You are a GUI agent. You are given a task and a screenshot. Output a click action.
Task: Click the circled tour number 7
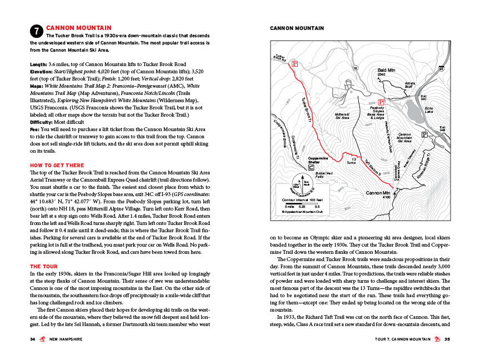point(36,31)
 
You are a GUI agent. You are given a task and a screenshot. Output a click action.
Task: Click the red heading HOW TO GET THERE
point(57,165)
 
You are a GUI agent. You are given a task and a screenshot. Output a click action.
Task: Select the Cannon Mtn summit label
point(379,193)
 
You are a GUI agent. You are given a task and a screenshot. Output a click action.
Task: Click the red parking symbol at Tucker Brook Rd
point(295,64)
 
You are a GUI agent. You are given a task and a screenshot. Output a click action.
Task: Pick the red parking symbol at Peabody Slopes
point(381,102)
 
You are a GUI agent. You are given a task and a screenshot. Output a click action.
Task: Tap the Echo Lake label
point(429,110)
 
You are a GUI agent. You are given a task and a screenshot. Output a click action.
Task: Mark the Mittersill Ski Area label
point(342,116)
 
